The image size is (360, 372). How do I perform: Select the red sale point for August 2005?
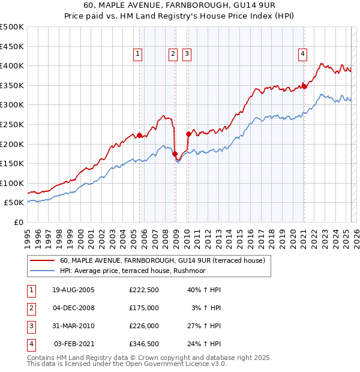tap(139, 135)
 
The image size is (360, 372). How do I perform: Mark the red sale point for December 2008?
tap(175, 154)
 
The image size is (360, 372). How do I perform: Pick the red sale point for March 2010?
tap(188, 134)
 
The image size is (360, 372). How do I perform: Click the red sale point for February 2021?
tap(304, 86)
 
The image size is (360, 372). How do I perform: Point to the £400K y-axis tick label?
tap(12, 65)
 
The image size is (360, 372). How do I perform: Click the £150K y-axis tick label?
tap(12, 163)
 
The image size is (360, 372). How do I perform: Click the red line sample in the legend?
tap(43, 260)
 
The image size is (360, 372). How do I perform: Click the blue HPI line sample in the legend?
tap(43, 271)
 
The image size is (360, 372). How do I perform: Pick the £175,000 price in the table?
tap(143, 308)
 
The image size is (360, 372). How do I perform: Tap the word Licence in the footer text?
tap(195, 364)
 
